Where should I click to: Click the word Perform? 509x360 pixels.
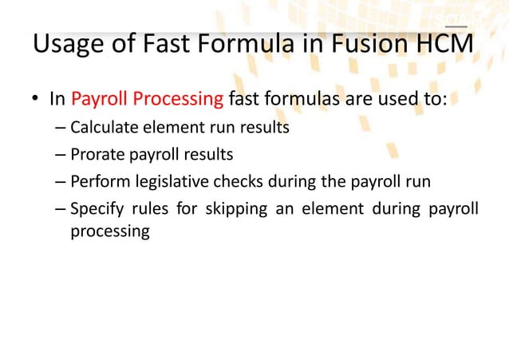click(x=97, y=181)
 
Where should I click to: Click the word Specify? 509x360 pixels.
click(x=96, y=209)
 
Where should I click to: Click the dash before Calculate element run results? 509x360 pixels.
click(x=61, y=128)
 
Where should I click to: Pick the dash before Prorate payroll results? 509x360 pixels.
click(x=61, y=155)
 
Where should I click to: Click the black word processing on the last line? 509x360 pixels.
click(x=110, y=231)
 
